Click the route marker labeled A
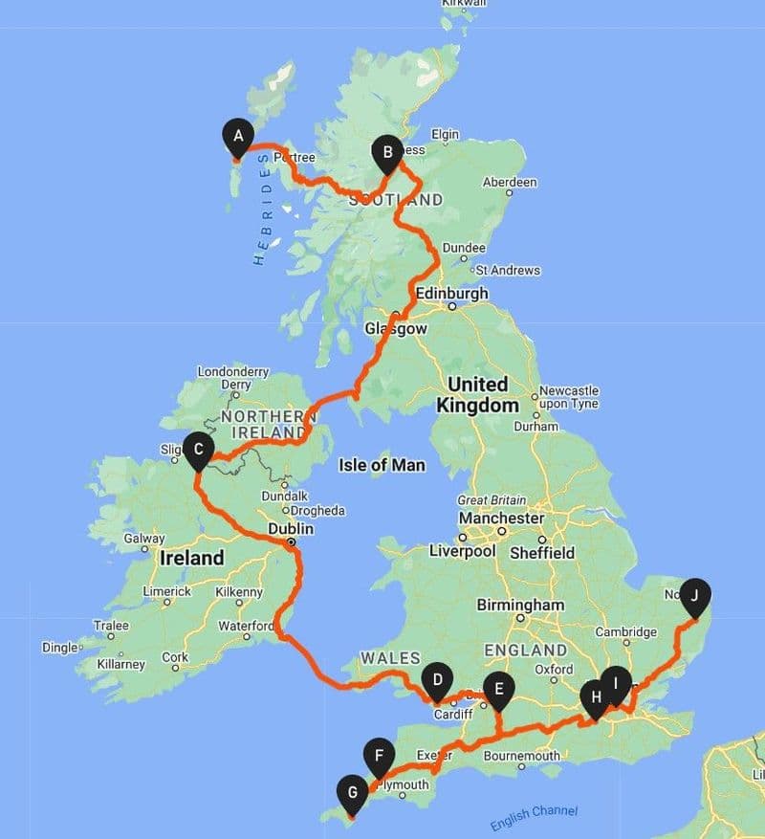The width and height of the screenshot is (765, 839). pyautogui.click(x=237, y=135)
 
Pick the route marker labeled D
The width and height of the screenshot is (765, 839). pyautogui.click(x=437, y=680)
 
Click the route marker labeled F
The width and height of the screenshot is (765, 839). pyautogui.click(x=380, y=757)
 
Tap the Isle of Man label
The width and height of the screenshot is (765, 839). pyautogui.click(x=382, y=465)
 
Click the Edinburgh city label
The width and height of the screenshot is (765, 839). pyautogui.click(x=452, y=293)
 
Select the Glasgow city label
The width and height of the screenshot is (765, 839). pyautogui.click(x=396, y=328)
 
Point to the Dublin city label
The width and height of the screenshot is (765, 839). pyautogui.click(x=292, y=527)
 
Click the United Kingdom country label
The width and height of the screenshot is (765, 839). pyautogui.click(x=478, y=394)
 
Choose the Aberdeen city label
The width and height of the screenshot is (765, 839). pyautogui.click(x=510, y=182)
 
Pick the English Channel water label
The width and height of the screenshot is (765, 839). pyautogui.click(x=534, y=817)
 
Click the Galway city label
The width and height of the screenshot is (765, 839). pyautogui.click(x=144, y=539)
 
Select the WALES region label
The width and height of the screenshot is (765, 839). pyautogui.click(x=390, y=657)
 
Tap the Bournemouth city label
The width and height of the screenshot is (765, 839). pyautogui.click(x=522, y=756)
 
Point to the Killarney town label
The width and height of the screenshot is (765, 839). pyautogui.click(x=120, y=664)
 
